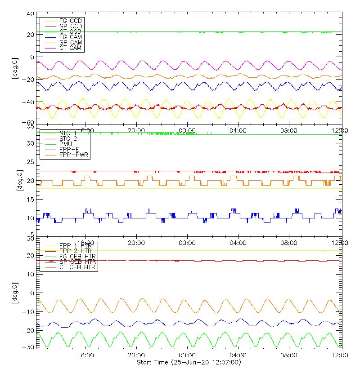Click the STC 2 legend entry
(x=68, y=138)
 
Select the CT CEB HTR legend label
(x=78, y=267)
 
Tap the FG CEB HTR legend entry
(x=78, y=256)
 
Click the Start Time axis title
(x=189, y=362)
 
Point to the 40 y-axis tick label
(x=31, y=14)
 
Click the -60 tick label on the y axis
(x=29, y=122)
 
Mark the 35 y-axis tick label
(x=31, y=128)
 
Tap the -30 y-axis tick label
(x=29, y=347)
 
